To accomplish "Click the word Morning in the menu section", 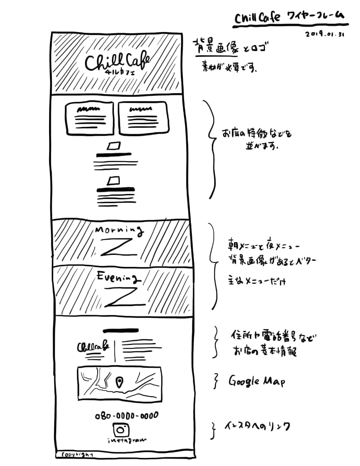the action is point(119,231).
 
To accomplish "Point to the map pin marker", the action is point(119,383).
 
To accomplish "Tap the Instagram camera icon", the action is point(119,430).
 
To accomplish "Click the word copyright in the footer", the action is point(77,454).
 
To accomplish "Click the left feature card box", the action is point(90,117).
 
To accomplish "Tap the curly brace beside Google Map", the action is point(216,381).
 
